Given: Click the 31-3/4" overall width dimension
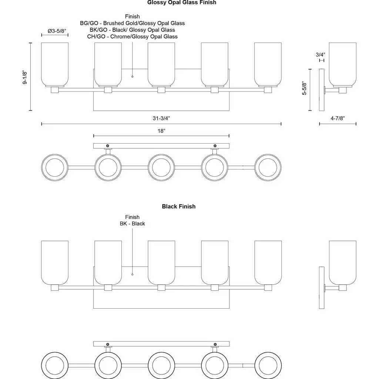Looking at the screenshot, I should coord(161,118).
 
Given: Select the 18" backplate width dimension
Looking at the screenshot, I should coord(161,131).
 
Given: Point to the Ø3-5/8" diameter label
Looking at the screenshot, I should coord(55,31).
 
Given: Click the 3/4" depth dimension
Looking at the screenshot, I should coord(321,54).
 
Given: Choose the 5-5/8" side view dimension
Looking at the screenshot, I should coord(304,89).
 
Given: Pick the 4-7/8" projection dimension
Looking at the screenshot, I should coord(337,118).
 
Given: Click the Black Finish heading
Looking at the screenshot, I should coord(178,207).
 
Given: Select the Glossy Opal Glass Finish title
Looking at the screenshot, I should coord(182,3).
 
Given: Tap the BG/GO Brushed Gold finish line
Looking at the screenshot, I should coord(133,23).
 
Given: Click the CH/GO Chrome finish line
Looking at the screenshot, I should coord(133,36).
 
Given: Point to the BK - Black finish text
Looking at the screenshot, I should coord(132,224).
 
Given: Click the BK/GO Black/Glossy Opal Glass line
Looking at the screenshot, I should coord(133,30).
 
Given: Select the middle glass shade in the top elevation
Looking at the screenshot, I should coord(161,64).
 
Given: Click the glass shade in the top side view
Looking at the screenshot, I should coord(342,64).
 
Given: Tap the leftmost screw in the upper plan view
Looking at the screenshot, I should coord(108,145).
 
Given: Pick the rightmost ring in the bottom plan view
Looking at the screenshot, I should coord(268,365).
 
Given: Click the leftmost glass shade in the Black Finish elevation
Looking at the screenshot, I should coord(55,262).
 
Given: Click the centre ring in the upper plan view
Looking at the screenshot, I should coord(161,167).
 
